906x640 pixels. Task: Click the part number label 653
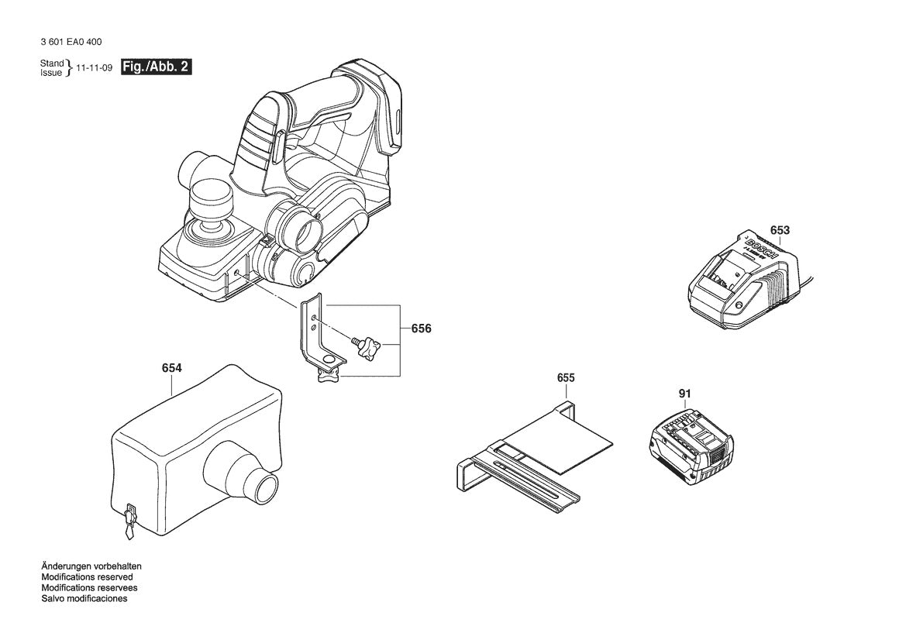tap(780, 230)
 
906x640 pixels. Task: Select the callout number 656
tap(421, 329)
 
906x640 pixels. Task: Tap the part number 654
tap(172, 368)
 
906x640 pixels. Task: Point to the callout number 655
tap(566, 378)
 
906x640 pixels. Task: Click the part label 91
tap(684, 394)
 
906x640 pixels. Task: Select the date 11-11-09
tap(95, 68)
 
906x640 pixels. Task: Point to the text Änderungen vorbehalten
tap(91, 566)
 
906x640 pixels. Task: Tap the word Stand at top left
tap(52, 63)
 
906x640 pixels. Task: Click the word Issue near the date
tap(51, 73)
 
